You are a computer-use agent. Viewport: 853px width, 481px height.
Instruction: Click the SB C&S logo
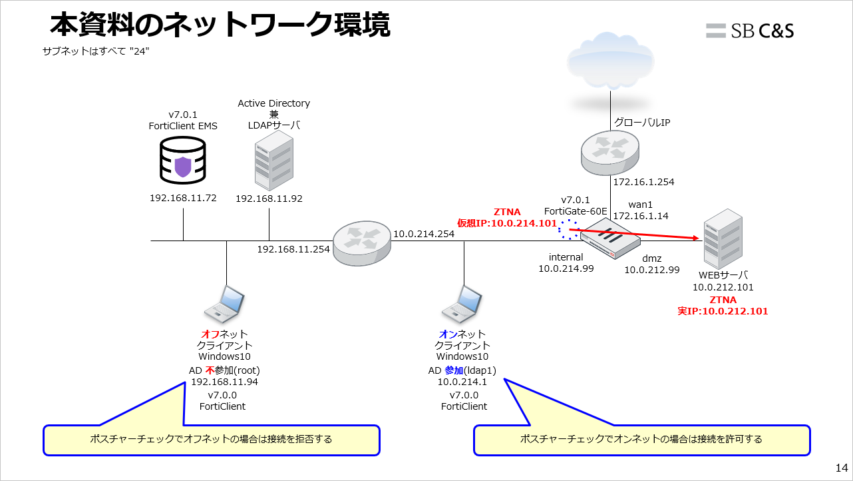[x=750, y=30]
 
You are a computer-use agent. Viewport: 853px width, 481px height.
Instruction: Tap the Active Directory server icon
[x=273, y=160]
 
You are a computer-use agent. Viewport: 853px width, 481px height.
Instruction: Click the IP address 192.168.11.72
[x=183, y=198]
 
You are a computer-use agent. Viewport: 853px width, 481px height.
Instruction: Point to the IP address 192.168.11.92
[x=269, y=198]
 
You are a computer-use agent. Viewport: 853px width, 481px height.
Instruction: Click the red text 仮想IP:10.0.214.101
[x=506, y=223]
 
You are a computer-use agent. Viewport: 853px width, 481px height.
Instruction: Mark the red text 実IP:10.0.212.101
[x=723, y=311]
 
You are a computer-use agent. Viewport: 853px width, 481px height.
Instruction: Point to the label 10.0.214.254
[x=424, y=234]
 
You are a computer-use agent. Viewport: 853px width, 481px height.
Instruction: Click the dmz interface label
[x=651, y=258]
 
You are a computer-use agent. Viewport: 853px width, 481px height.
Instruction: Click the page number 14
[x=841, y=467]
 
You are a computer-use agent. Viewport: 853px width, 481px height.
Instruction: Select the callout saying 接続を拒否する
[x=212, y=440]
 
